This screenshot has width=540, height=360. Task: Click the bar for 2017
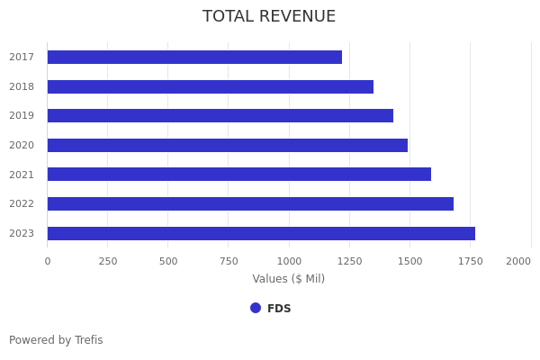pos(194,58)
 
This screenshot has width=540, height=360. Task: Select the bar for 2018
pos(210,87)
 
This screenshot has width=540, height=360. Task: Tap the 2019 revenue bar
pos(220,116)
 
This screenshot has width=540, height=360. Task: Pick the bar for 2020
pos(227,146)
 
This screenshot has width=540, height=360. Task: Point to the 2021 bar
pos(238,175)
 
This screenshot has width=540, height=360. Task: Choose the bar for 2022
pos(250,204)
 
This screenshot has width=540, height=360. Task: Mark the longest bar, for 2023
pos(261,234)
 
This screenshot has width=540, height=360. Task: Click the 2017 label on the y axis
pos(22,58)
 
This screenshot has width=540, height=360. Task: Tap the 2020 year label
pos(22,146)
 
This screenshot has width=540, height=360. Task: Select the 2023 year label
pos(22,234)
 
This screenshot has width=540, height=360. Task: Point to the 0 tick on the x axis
pos(48,262)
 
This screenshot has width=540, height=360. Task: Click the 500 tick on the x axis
pos(168,262)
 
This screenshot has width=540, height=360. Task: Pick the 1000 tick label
pos(289,262)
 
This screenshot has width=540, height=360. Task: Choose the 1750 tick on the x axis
pos(470,262)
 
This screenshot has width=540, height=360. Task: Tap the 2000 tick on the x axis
pos(518,262)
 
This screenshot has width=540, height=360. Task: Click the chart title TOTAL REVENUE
pos(269,17)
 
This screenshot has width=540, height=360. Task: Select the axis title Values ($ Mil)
pos(289,279)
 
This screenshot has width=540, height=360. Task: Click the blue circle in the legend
pos(256,308)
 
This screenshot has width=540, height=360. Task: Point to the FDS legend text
pos(279,309)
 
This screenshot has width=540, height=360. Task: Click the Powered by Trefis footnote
pos(56,340)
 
